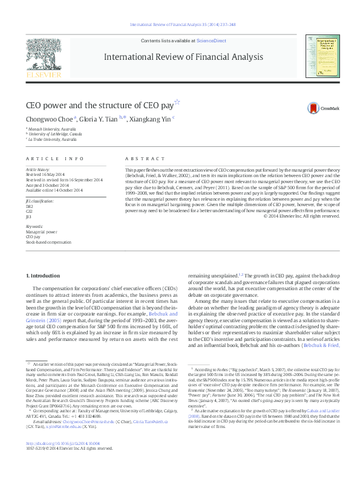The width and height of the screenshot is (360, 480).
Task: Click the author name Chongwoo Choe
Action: coord(41,119)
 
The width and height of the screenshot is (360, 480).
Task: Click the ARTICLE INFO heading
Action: coord(55,158)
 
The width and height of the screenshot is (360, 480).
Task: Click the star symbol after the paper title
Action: coord(177,102)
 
